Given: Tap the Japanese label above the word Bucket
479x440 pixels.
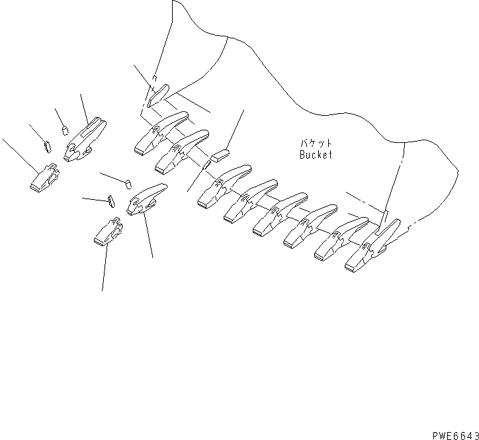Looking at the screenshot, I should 314,143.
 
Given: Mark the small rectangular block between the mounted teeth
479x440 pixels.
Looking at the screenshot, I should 219,155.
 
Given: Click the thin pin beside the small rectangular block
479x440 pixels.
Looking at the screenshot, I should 206,163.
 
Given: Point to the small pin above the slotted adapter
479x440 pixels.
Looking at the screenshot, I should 65,129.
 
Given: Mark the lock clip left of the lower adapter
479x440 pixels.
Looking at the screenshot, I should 110,200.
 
